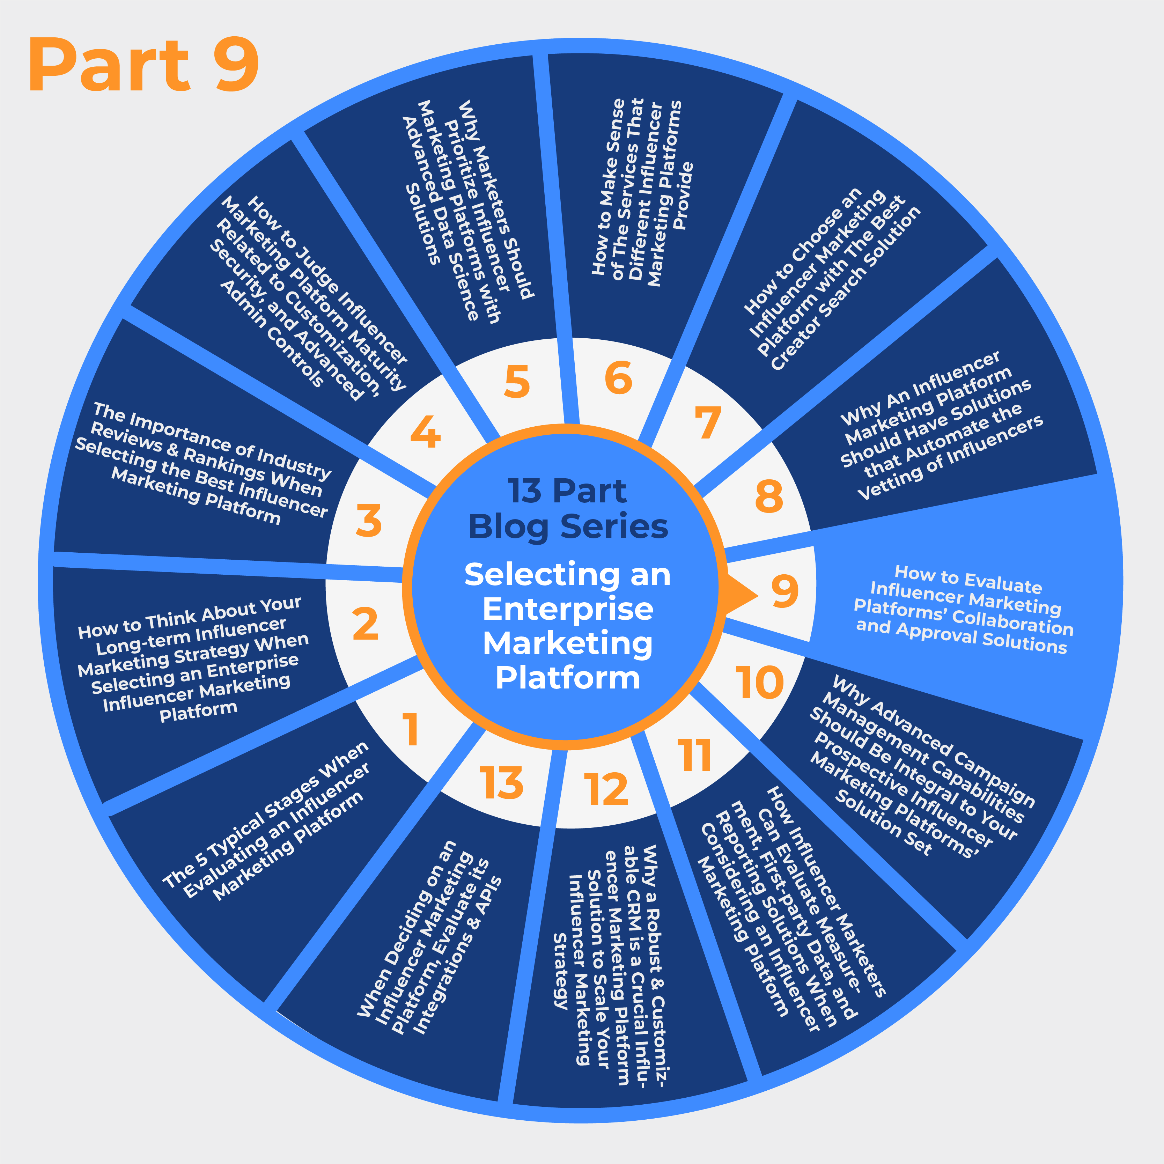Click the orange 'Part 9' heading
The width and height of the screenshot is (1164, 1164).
tap(143, 65)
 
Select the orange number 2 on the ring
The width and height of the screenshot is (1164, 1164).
tap(365, 624)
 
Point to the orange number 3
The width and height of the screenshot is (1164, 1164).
tap(369, 521)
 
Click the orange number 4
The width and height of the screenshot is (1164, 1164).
tap(425, 432)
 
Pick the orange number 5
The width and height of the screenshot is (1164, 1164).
tap(517, 382)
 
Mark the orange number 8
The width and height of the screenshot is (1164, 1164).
tap(769, 496)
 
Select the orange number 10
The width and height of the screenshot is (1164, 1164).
tap(760, 683)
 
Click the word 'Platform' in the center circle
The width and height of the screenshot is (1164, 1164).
tap(568, 678)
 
